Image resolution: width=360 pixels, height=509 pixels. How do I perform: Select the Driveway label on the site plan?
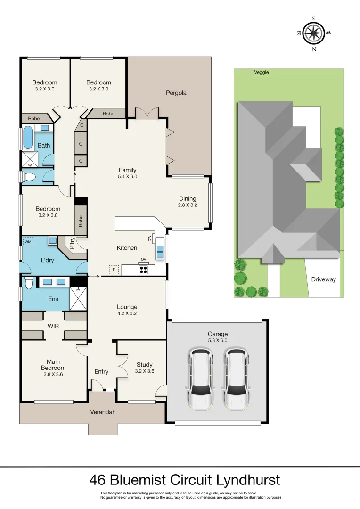(323, 279)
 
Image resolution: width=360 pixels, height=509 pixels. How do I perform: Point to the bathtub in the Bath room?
(28, 137)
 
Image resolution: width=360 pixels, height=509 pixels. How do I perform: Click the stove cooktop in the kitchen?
(143, 270)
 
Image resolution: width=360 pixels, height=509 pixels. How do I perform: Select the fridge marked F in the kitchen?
(113, 270)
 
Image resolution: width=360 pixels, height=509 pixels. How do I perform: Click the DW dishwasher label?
(150, 238)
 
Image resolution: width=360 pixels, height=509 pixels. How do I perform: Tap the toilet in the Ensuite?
(29, 282)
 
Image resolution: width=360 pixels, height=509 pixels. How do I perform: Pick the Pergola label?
(176, 93)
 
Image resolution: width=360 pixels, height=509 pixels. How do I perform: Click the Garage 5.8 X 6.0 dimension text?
(217, 340)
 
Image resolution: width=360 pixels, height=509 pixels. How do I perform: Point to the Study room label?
(144, 364)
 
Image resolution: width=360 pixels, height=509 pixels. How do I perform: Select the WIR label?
(52, 325)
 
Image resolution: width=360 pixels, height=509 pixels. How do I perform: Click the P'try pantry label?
(72, 244)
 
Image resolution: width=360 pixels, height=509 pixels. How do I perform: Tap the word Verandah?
(103, 412)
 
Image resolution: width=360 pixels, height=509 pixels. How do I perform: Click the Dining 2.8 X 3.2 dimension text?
(187, 205)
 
